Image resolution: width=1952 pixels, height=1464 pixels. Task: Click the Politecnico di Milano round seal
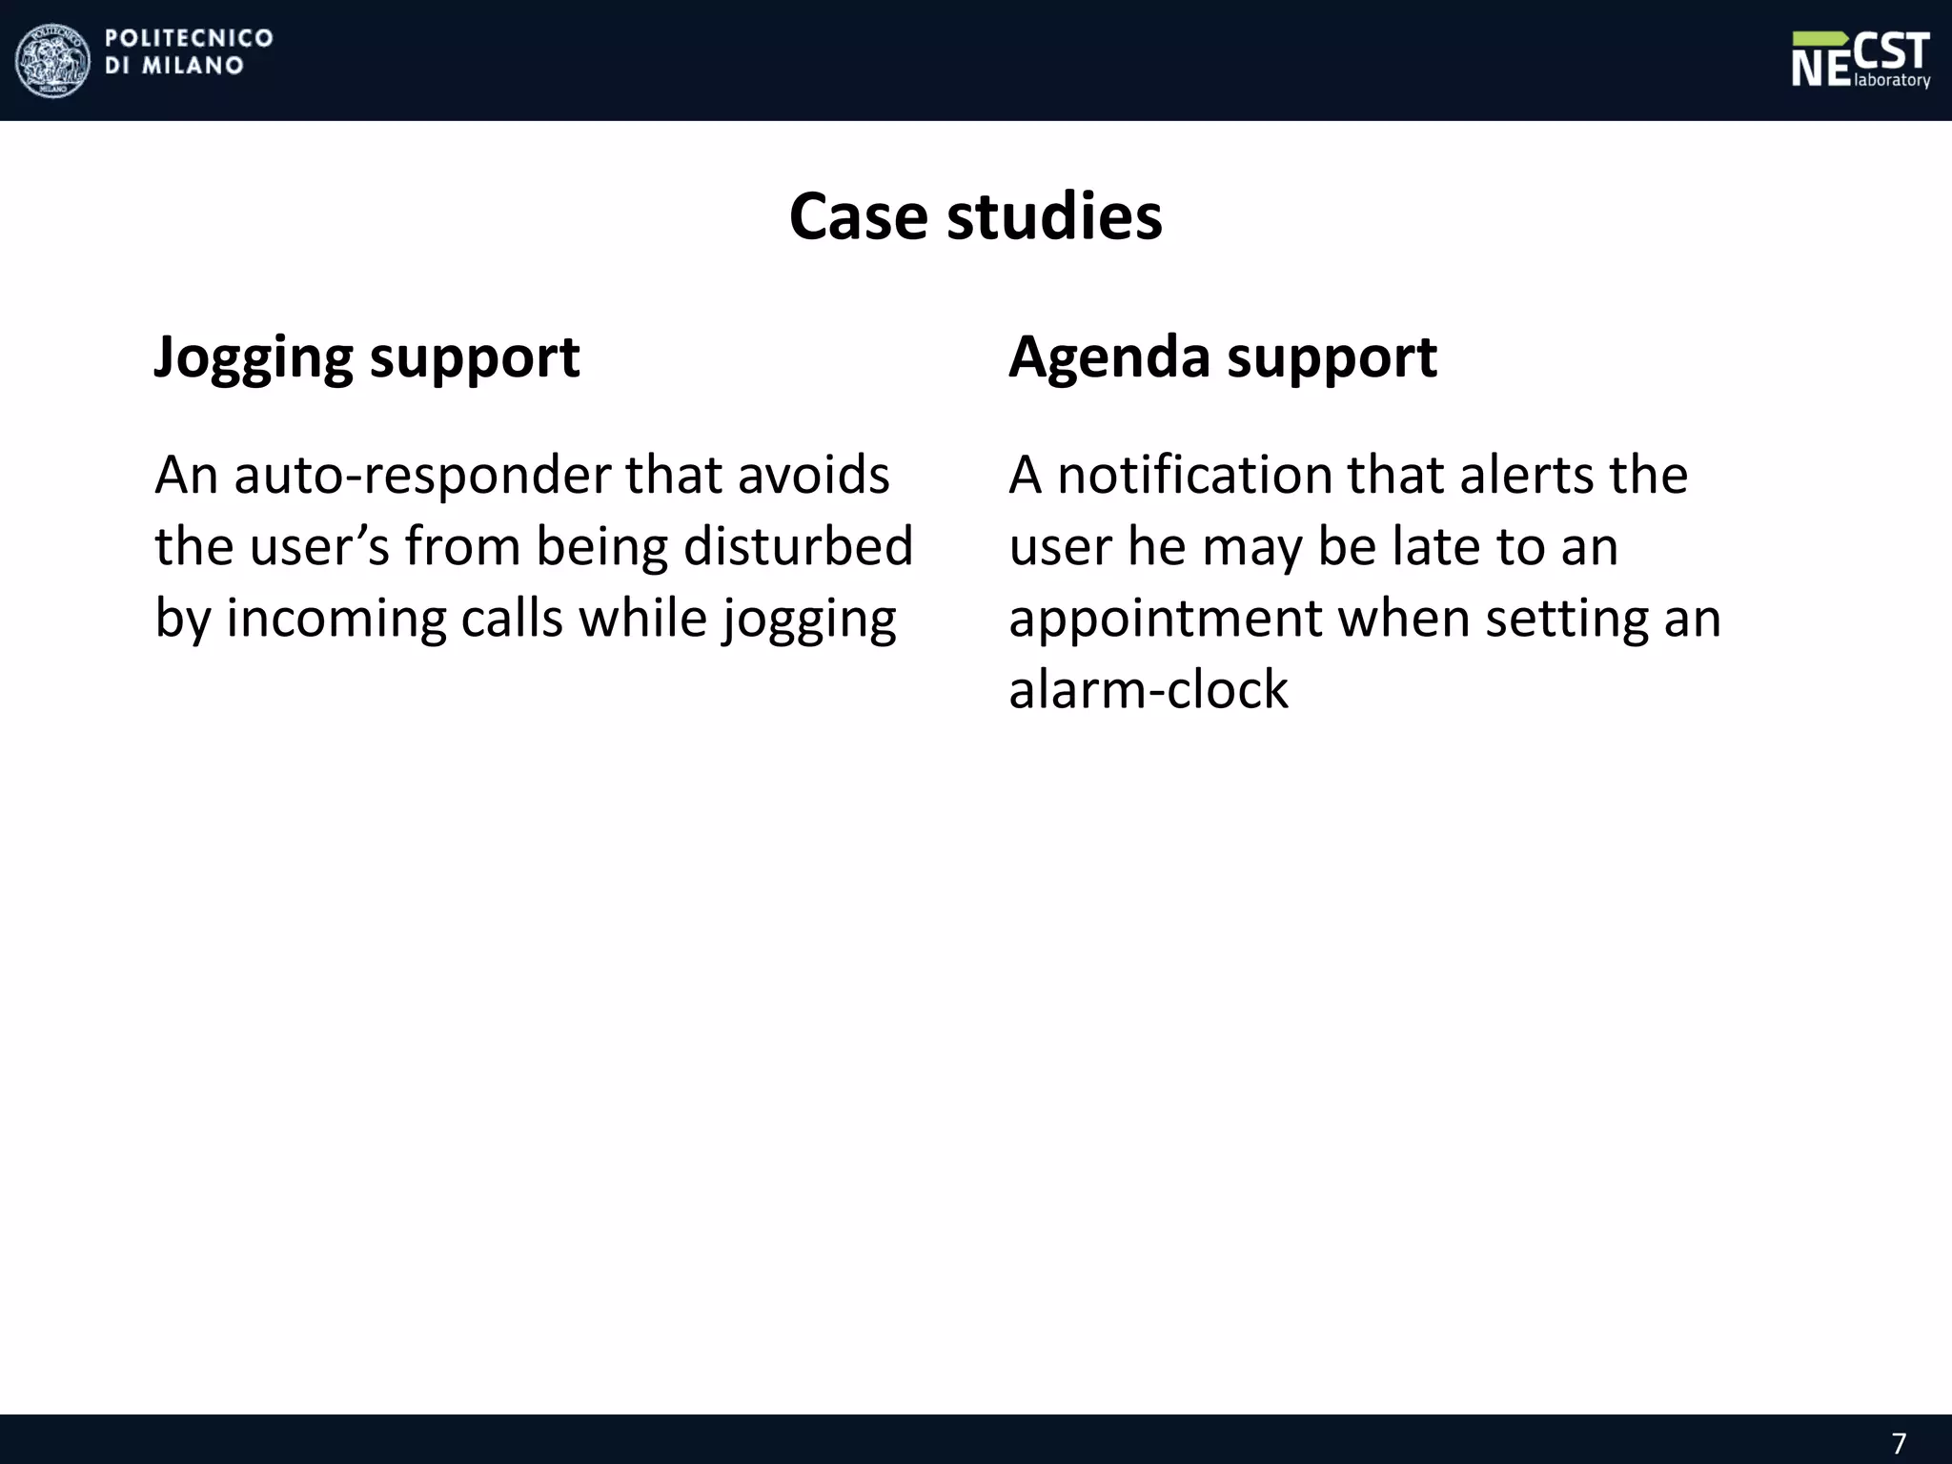pos(53,61)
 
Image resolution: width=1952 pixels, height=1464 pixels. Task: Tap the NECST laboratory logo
pos(1860,59)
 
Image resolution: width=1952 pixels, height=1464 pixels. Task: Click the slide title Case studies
pos(975,216)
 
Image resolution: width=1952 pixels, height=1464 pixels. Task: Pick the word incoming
pos(335,619)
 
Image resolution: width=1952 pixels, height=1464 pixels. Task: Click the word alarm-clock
pos(1148,689)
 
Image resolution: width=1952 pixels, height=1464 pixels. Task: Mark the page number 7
pos(1899,1443)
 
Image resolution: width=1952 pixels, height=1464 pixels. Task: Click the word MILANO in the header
pos(193,66)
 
